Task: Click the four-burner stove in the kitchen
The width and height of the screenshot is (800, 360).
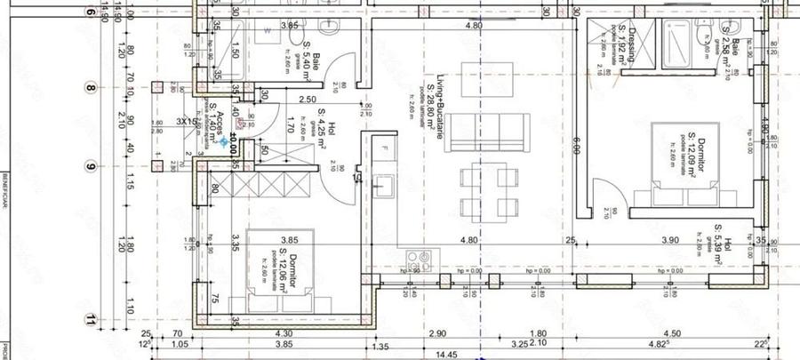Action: tap(418, 261)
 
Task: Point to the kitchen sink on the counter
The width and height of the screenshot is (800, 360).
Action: tap(385, 187)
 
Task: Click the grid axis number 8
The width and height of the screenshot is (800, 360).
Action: tap(90, 87)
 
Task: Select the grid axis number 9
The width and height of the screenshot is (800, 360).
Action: tap(90, 166)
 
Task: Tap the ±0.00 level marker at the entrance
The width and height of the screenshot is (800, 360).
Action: tap(229, 140)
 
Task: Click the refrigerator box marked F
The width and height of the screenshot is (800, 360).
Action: tap(384, 147)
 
